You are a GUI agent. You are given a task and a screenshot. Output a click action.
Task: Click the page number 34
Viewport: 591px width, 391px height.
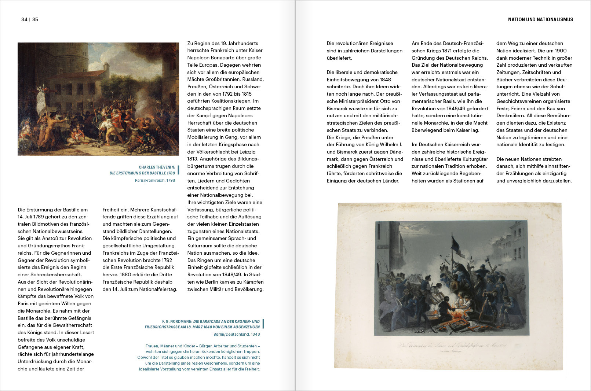(24, 19)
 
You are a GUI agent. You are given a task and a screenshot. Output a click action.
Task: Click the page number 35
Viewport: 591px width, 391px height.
(35, 19)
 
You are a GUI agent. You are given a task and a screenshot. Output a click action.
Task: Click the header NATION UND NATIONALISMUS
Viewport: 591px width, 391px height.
(540, 19)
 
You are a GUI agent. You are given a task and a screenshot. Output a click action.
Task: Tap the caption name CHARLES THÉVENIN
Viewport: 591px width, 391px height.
(157, 167)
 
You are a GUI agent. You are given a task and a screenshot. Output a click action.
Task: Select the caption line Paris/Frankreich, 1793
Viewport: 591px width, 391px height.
(155, 180)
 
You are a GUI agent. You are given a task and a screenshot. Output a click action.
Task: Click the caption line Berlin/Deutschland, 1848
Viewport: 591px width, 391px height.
(237, 334)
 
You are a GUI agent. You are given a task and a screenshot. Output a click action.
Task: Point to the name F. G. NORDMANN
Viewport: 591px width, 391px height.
(177, 321)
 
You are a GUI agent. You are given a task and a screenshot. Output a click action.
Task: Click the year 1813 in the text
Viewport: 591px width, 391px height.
(193, 159)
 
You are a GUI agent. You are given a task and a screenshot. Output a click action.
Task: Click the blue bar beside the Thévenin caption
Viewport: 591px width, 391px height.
(178, 170)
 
